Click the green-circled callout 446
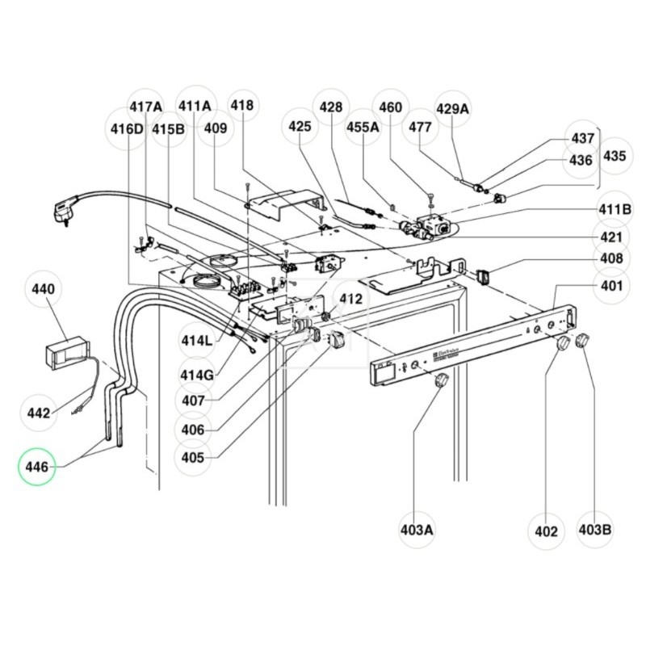pyautogui.click(x=38, y=466)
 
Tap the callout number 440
pyautogui.click(x=43, y=287)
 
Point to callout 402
pyautogui.click(x=546, y=531)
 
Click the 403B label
pyautogui.click(x=595, y=531)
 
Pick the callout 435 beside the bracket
pyautogui.click(x=614, y=156)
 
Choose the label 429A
pyautogui.click(x=452, y=109)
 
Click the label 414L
pyautogui.click(x=195, y=341)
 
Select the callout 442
pyautogui.click(x=38, y=413)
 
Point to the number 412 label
pyautogui.click(x=351, y=299)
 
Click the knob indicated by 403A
pyautogui.click(x=441, y=382)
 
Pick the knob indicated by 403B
pyautogui.click(x=581, y=341)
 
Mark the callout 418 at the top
pyautogui.click(x=241, y=105)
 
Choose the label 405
pyautogui.click(x=195, y=458)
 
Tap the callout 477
pyautogui.click(x=420, y=127)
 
